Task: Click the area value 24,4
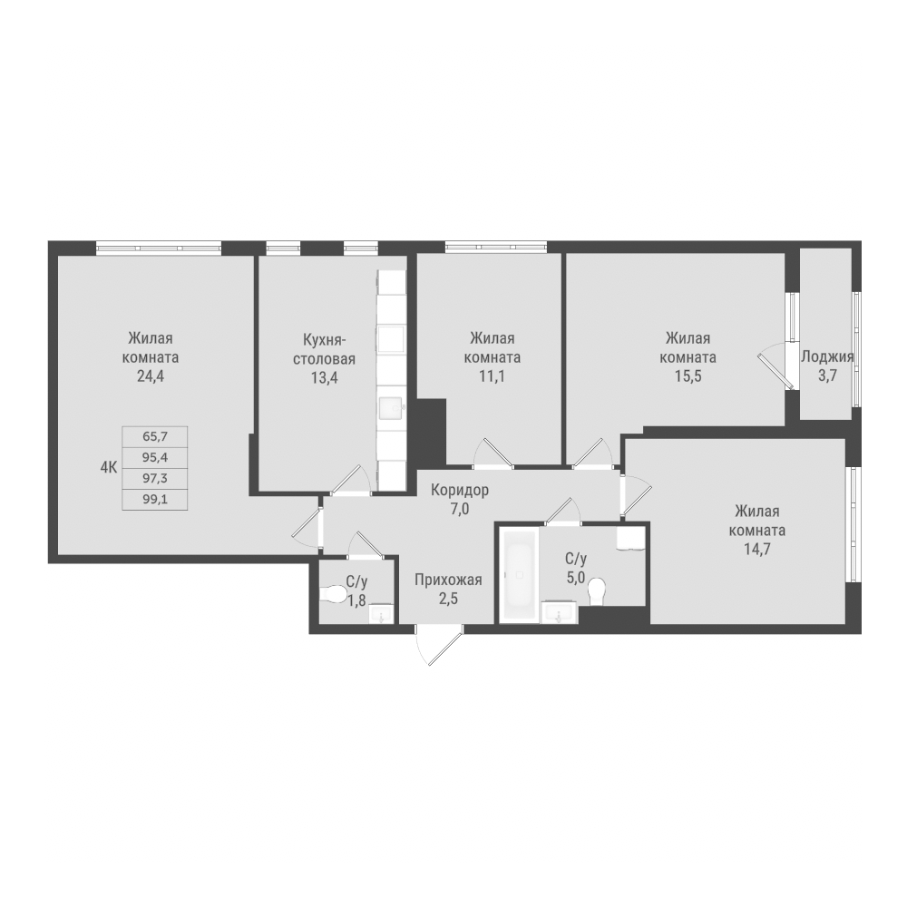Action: click(150, 376)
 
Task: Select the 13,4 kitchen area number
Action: click(324, 378)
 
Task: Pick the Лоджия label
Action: click(827, 356)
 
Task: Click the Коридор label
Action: click(460, 490)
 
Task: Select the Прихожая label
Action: click(448, 580)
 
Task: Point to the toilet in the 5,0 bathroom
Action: click(597, 592)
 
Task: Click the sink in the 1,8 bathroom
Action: click(381, 613)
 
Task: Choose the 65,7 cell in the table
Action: click(154, 437)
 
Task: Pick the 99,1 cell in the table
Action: click(154, 499)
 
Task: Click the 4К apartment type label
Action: click(109, 468)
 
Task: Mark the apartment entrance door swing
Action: click(441, 647)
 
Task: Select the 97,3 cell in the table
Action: click(154, 478)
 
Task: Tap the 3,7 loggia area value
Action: click(827, 376)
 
